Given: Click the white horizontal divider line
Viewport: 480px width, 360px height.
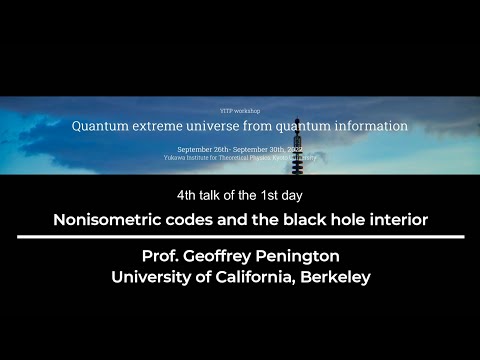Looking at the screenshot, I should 240,237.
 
